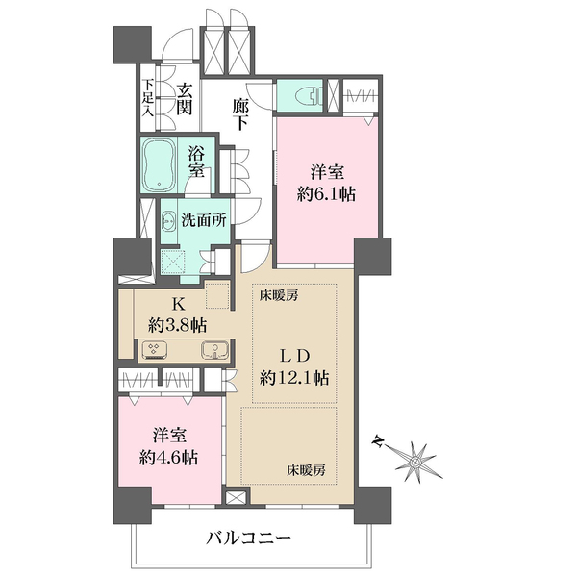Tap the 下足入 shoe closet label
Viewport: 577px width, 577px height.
click(x=148, y=97)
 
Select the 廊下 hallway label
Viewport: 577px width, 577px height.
click(x=243, y=115)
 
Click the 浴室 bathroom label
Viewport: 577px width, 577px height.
click(x=197, y=161)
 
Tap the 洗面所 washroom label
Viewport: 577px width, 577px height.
click(x=204, y=218)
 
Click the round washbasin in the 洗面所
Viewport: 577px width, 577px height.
click(x=165, y=218)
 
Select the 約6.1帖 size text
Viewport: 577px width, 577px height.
click(x=323, y=193)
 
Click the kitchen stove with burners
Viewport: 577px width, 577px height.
click(x=153, y=350)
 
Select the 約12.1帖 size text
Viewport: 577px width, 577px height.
click(x=294, y=378)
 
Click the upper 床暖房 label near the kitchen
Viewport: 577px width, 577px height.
click(x=278, y=295)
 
